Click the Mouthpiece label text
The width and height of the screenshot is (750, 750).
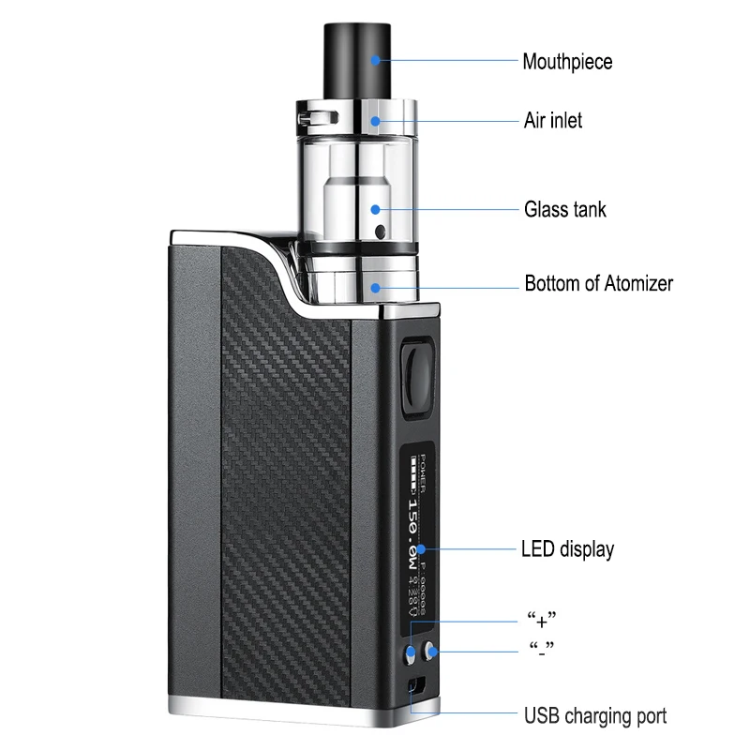567,62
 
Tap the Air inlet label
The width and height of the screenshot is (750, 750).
552,121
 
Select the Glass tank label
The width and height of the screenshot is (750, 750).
564,208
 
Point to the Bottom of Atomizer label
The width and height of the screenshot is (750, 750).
598,283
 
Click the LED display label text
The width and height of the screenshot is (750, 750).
567,548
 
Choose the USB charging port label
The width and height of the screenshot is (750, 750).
594,716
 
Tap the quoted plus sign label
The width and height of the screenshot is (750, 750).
542,620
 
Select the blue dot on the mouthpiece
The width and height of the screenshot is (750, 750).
375,60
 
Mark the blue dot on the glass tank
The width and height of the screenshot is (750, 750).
375,210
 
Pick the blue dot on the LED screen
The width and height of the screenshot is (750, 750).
422,547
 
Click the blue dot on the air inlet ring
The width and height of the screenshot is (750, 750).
375,120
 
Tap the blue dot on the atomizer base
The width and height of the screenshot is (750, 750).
375,287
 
